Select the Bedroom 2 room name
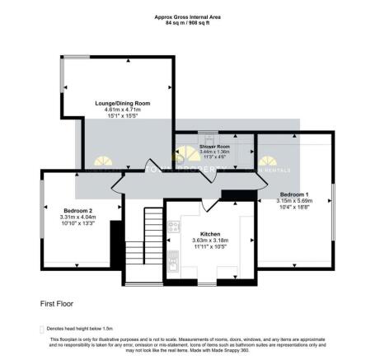point(75,210)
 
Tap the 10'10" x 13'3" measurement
point(75,223)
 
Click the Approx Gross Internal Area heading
point(188,16)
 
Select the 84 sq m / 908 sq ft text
point(188,22)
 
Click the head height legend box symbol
point(42,328)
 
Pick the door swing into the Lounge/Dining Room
point(150,162)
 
